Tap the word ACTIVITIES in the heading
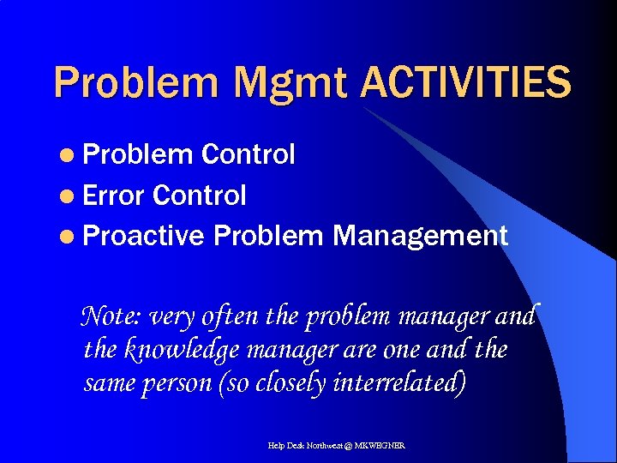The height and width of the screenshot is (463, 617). point(464,82)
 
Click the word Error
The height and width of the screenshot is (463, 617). point(115,195)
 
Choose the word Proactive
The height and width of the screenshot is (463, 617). point(145,235)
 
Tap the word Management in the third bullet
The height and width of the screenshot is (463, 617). point(420,235)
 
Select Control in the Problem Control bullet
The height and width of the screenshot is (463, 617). point(248,154)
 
